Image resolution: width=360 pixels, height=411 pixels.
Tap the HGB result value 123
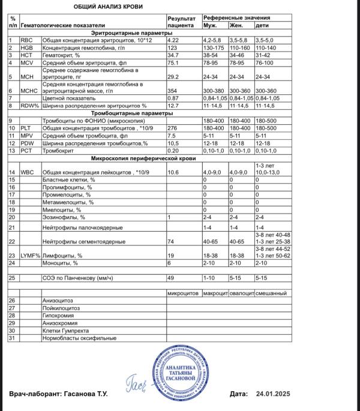[173, 47]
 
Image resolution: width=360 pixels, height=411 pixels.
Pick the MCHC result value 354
[173, 91]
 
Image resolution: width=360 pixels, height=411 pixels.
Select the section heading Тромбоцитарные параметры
[129, 112]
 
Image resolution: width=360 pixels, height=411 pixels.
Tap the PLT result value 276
[173, 127]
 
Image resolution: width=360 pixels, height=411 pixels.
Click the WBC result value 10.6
[173, 172]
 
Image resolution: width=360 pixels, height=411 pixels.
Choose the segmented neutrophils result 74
[170, 241]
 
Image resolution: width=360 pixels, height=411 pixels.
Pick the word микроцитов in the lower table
[182, 292]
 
